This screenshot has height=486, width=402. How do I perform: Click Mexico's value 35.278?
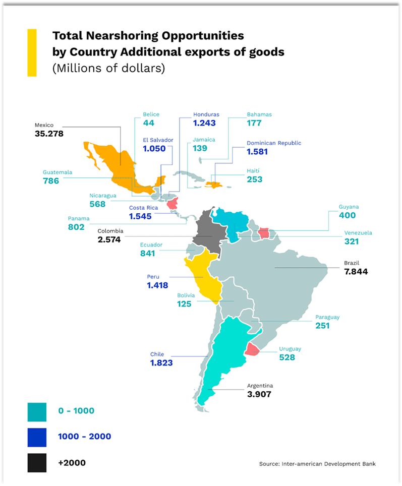click(49, 134)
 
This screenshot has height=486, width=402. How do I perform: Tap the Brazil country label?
click(352, 263)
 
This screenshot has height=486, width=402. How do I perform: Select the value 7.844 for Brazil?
click(356, 271)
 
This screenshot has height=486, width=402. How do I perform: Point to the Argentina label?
click(260, 386)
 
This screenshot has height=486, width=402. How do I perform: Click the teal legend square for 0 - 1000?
click(37, 410)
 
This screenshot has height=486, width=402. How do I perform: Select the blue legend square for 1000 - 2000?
click(37, 437)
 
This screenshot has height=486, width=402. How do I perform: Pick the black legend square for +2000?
click(37, 462)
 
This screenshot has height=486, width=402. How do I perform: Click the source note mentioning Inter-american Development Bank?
click(317, 464)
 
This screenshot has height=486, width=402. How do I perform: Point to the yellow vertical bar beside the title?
click(32, 52)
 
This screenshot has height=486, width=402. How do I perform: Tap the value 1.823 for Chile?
click(161, 363)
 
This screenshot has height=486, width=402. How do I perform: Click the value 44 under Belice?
click(148, 123)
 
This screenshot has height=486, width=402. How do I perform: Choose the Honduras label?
click(206, 114)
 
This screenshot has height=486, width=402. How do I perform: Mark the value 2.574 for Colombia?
click(109, 239)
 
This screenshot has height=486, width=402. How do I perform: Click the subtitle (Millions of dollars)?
click(108, 68)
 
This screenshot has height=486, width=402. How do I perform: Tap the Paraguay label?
click(327, 317)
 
